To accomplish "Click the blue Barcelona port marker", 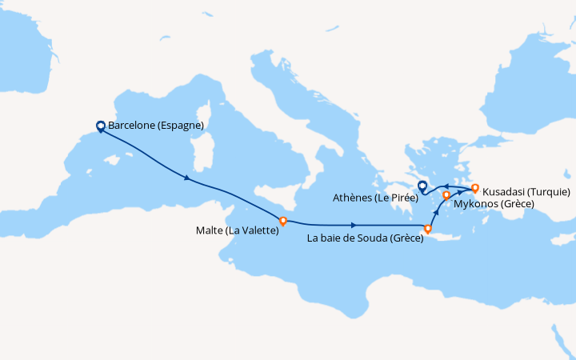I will click(101, 126).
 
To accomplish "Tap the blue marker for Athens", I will click(422, 186).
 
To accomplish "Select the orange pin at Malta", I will click(282, 219).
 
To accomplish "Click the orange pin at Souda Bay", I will click(428, 230).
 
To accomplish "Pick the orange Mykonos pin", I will click(446, 195).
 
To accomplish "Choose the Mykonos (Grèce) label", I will click(494, 204).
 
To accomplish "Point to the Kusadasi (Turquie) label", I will click(526, 192).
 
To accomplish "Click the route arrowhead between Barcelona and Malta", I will click(187, 178).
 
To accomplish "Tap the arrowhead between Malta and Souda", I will click(353, 225).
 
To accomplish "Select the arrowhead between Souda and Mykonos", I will click(435, 212).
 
